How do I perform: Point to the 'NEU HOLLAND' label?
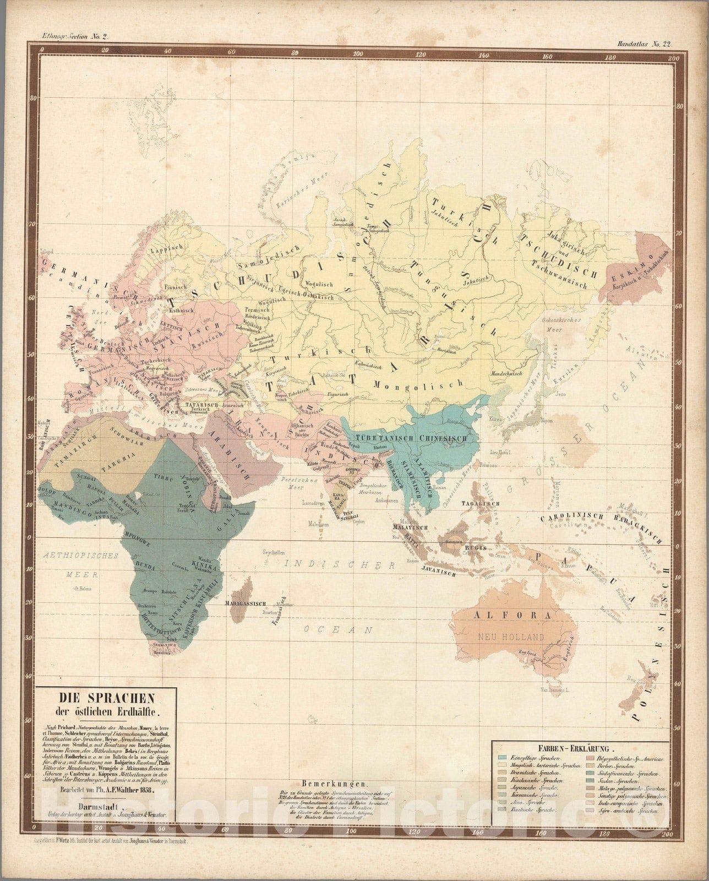coord(511,637)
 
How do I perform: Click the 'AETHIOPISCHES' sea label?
coord(80,556)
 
